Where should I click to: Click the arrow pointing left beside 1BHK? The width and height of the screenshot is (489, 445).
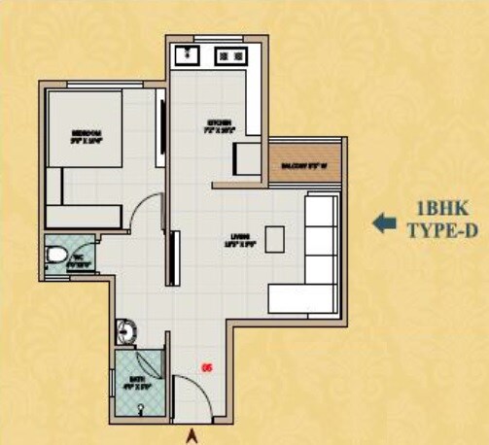385,222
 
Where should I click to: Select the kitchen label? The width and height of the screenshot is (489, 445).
218,124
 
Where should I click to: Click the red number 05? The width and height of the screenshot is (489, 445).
206,367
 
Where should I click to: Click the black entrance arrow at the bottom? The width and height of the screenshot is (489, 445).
192,434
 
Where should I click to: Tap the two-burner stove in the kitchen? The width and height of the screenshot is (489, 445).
232,55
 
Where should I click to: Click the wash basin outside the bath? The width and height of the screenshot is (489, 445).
124,330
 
